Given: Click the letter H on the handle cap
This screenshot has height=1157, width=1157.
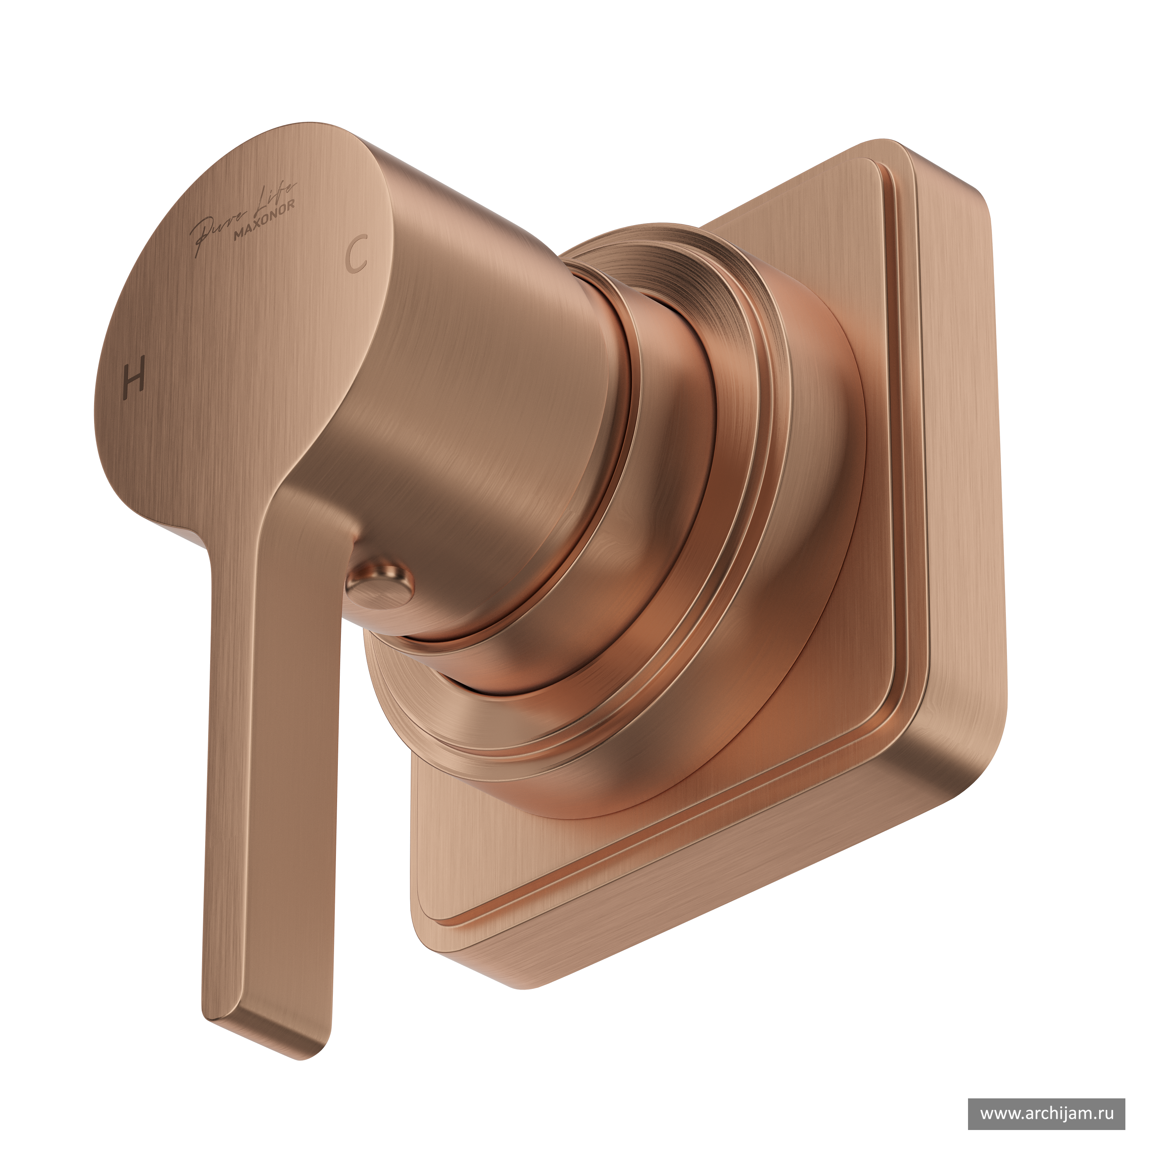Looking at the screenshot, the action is point(133,377).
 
